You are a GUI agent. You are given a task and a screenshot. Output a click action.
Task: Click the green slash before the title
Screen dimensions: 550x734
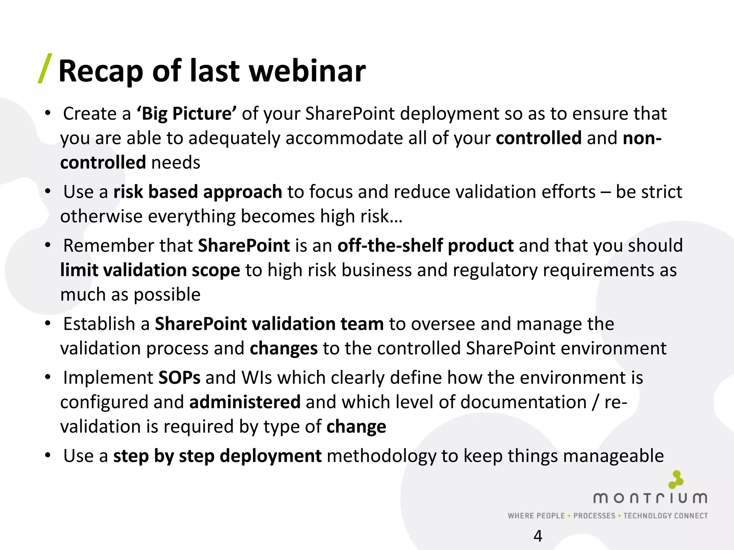(x=45, y=68)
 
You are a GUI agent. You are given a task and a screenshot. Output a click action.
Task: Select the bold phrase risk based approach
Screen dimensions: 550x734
(x=197, y=192)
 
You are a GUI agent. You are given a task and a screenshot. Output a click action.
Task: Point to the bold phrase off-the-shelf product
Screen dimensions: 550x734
(x=425, y=246)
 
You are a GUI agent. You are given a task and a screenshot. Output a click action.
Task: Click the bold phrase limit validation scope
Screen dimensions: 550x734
(x=150, y=270)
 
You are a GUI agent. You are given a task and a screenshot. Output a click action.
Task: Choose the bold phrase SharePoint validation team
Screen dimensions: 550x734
(x=269, y=324)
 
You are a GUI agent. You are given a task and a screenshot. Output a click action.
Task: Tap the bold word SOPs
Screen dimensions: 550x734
(x=179, y=378)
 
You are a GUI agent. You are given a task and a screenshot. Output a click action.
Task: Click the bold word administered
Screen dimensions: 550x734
(x=245, y=402)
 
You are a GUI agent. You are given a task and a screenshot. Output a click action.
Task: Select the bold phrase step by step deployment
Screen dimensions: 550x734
(x=217, y=456)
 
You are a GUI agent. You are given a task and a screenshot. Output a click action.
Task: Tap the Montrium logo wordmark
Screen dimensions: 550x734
(x=650, y=498)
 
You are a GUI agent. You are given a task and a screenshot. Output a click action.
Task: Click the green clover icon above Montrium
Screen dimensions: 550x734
(x=676, y=479)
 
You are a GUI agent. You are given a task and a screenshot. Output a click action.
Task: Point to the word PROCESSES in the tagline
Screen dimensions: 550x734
(x=594, y=516)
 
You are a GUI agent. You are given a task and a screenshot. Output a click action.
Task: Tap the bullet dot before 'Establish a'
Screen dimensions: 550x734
(x=48, y=323)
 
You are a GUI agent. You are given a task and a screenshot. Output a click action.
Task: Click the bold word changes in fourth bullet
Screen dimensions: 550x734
(x=283, y=348)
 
